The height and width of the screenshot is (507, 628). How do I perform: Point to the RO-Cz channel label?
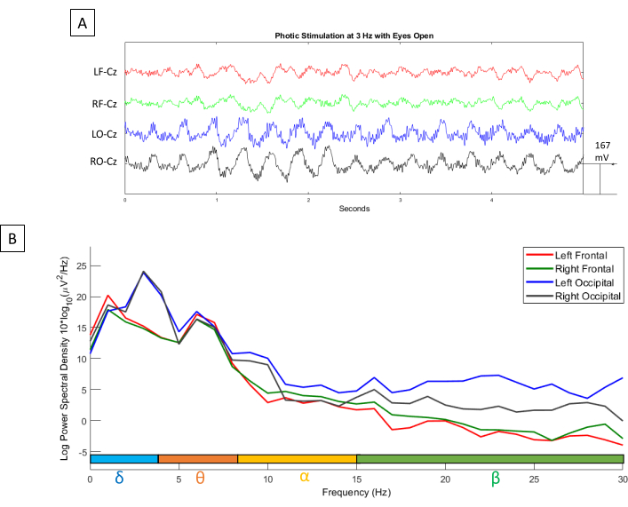106,162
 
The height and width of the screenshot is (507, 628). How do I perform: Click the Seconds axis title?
354,209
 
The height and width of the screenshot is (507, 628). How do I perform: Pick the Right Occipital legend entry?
584,295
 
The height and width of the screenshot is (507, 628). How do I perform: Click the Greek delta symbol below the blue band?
120,477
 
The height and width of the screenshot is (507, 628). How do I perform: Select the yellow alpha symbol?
305,477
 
